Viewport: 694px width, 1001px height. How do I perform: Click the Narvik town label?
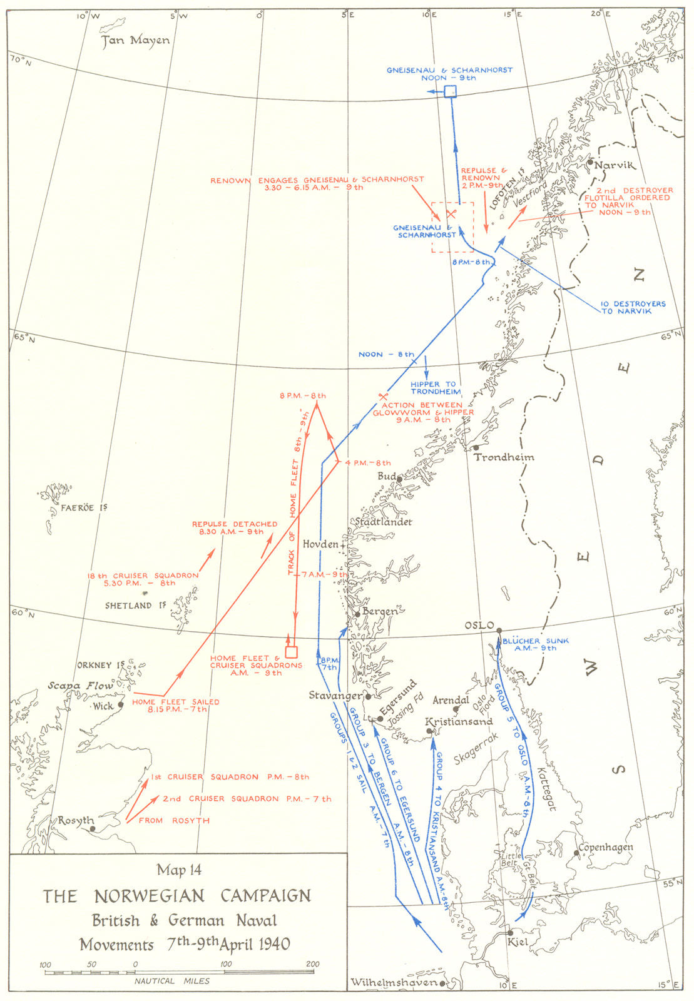pyautogui.click(x=615, y=165)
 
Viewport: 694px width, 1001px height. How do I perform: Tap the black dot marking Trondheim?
pyautogui.click(x=476, y=447)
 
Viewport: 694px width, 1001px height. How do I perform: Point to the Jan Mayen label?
pyautogui.click(x=136, y=41)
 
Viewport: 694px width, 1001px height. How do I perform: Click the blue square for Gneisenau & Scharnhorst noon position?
pyautogui.click(x=450, y=92)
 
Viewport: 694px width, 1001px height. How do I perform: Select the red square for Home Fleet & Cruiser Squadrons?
pyautogui.click(x=291, y=652)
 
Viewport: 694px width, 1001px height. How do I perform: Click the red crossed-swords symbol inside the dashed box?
pyautogui.click(x=451, y=213)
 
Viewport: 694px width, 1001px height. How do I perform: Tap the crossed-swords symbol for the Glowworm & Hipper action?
pyautogui.click(x=383, y=396)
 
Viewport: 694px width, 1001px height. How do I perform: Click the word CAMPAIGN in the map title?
pyautogui.click(x=265, y=896)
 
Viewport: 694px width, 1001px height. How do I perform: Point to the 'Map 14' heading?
pyautogui.click(x=179, y=870)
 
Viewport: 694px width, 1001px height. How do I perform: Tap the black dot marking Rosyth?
pyautogui.click(x=93, y=829)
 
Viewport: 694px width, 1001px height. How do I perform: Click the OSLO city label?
pyautogui.click(x=479, y=626)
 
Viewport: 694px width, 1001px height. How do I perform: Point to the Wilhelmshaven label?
pyautogui.click(x=393, y=982)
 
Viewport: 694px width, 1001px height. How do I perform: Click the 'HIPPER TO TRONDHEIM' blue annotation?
pyautogui.click(x=436, y=388)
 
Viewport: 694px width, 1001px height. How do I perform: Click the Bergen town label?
pyautogui.click(x=380, y=611)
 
